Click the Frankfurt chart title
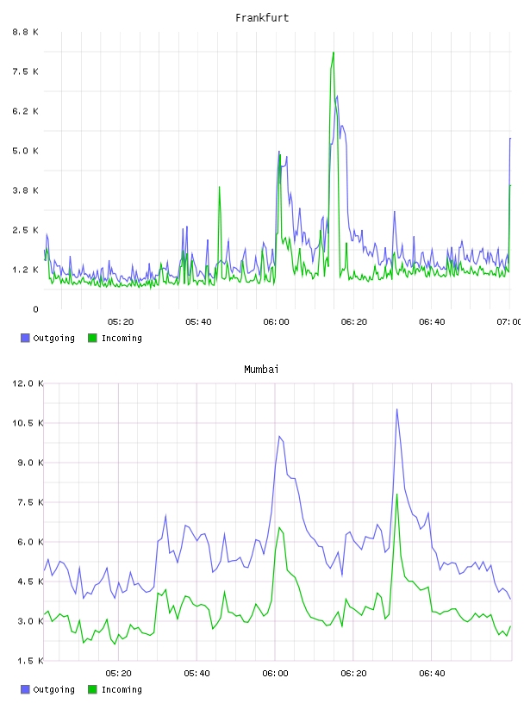(262, 18)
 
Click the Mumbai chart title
(261, 370)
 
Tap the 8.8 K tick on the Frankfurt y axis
(25, 32)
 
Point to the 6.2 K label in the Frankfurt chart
(25, 111)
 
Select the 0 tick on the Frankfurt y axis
(35, 309)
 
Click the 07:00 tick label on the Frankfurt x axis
(508, 322)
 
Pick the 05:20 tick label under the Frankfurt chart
(121, 322)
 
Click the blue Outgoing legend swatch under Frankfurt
(25, 338)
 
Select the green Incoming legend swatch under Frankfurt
(92, 338)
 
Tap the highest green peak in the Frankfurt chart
(334, 53)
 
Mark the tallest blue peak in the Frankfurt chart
(337, 96)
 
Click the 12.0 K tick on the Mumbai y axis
(28, 383)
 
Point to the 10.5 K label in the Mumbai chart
(28, 423)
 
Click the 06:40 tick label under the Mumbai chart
(432, 674)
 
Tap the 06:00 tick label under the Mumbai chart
(276, 674)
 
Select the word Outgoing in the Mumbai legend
(53, 689)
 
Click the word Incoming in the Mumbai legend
(122, 689)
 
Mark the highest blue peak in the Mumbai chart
(396, 409)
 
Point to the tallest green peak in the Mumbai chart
(396, 495)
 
